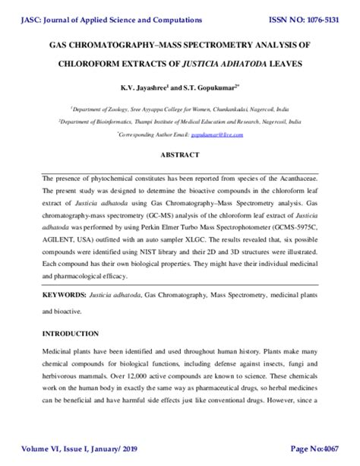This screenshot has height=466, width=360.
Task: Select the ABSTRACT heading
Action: [179, 154]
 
